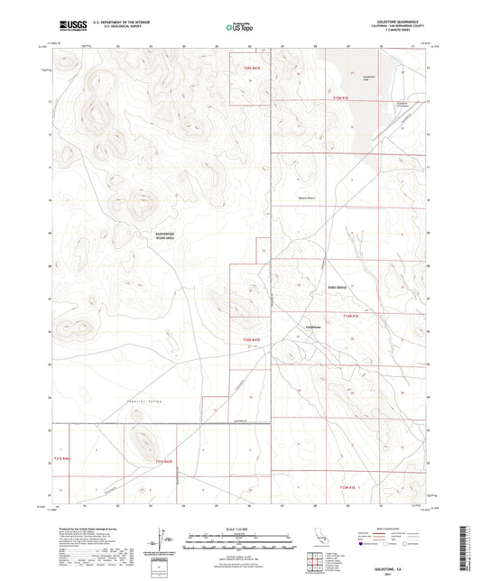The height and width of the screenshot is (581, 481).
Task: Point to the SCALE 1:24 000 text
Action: (241, 527)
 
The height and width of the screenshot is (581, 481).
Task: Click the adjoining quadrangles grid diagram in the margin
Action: (314, 561)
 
